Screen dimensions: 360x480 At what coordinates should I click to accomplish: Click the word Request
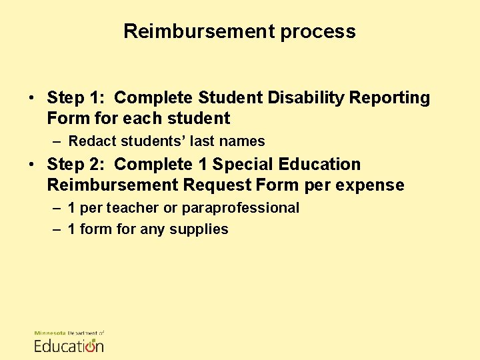(221, 185)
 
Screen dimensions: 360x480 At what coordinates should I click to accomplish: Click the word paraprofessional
(241, 208)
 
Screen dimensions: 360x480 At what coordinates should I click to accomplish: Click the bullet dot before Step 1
(32, 99)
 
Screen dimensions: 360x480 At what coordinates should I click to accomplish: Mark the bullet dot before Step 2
(32, 165)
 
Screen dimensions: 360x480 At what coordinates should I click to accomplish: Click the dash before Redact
(57, 141)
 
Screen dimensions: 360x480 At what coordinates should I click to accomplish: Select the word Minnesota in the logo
(50, 333)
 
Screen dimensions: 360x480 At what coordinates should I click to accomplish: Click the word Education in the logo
(69, 345)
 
